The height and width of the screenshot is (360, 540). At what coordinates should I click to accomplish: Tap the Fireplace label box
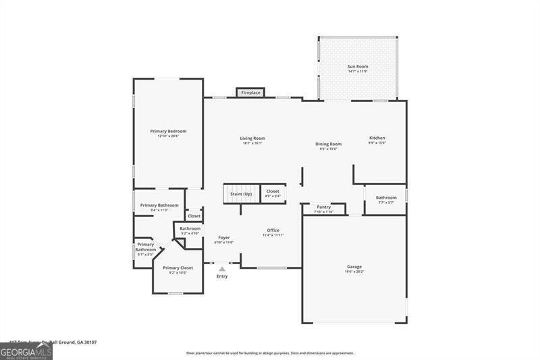click(x=250, y=93)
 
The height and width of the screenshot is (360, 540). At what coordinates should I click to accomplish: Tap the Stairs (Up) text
click(x=241, y=194)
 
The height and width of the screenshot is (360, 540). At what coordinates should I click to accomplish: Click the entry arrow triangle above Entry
click(x=222, y=268)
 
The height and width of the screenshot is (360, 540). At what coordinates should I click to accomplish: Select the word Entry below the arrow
click(x=222, y=276)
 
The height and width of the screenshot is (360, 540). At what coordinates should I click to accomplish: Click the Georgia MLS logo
click(x=26, y=351)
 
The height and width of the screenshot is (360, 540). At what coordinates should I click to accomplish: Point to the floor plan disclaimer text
click(x=270, y=353)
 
